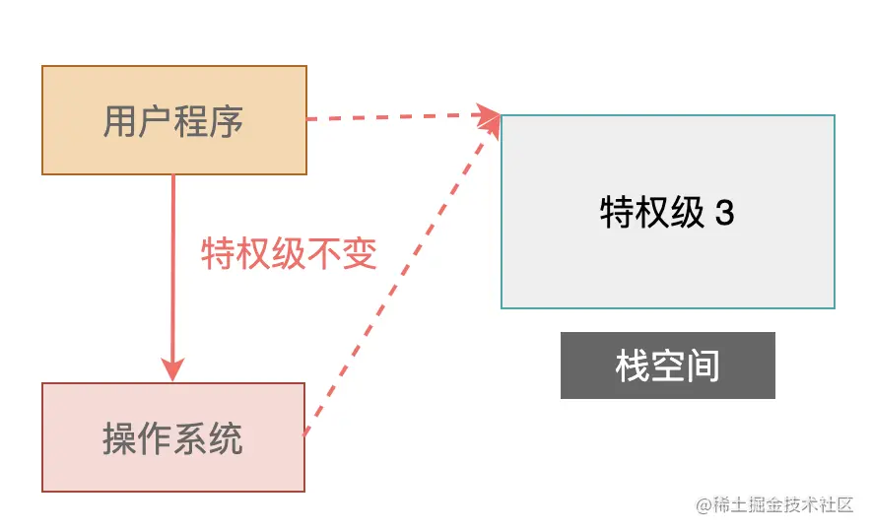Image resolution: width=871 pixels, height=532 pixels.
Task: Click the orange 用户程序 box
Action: (x=173, y=120)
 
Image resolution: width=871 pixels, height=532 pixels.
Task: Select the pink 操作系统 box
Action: (x=172, y=436)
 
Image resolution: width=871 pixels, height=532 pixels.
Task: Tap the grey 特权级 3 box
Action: (x=668, y=212)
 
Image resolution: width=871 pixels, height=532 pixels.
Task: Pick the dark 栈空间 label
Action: (x=667, y=366)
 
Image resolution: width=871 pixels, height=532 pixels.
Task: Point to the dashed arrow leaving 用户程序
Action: (x=394, y=118)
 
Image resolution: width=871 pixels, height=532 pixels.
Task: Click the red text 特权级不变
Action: (x=289, y=254)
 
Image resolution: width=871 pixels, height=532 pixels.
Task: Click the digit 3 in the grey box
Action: (x=724, y=213)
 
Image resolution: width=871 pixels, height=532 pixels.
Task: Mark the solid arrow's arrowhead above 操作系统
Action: (x=173, y=370)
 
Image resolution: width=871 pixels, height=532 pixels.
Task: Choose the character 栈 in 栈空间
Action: (x=633, y=366)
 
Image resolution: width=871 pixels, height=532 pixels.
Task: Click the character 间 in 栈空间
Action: (x=703, y=366)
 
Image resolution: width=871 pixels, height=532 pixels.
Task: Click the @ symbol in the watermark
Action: (x=703, y=505)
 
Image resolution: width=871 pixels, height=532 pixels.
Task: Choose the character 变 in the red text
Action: (x=360, y=254)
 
